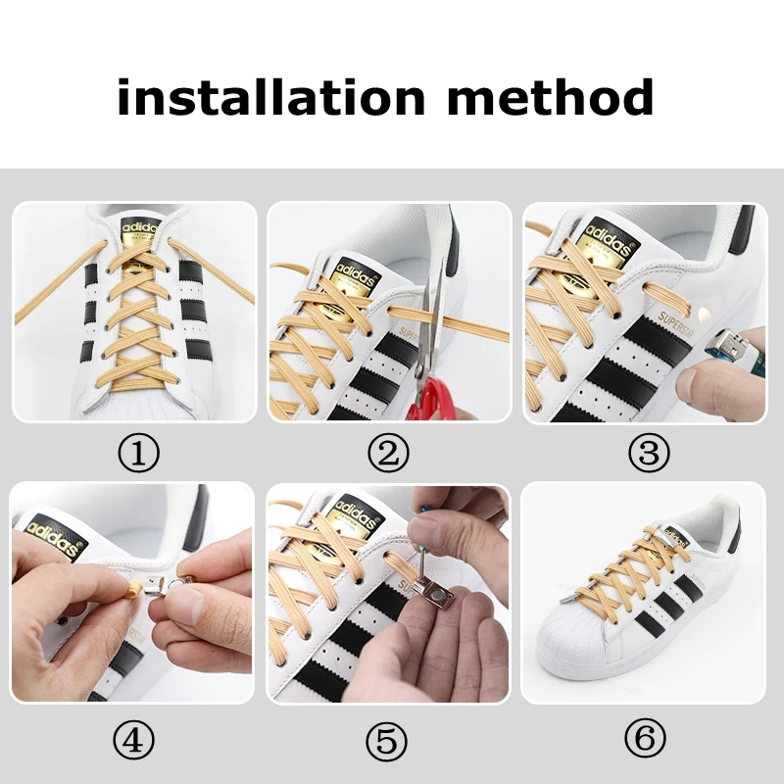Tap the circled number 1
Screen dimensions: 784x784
point(136,453)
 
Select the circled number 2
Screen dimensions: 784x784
point(389,453)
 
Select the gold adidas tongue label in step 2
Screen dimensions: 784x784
point(348,276)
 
